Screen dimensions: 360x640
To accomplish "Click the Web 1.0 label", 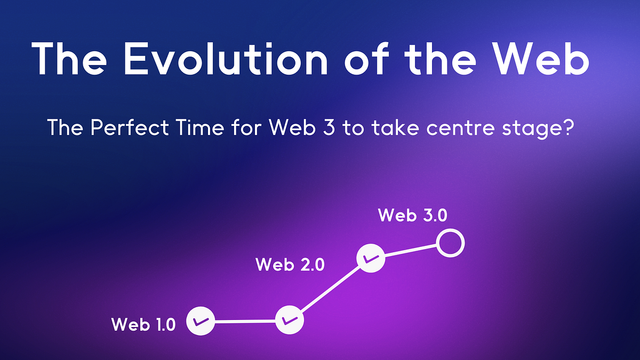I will [x=143, y=324].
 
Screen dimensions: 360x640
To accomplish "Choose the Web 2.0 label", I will [x=290, y=265].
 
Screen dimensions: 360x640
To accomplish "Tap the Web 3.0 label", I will [x=412, y=215].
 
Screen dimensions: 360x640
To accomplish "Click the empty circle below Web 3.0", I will [x=450, y=243].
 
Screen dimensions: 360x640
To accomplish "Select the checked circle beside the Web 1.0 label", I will [x=201, y=321].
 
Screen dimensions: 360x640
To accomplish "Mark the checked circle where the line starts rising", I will [x=290, y=320].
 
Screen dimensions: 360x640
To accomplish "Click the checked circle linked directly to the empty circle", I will [x=371, y=258].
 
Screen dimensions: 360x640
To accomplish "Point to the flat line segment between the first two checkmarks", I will [x=245, y=321].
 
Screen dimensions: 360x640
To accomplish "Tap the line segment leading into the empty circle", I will [x=410, y=251].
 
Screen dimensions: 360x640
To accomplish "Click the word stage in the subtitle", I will [x=529, y=129].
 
